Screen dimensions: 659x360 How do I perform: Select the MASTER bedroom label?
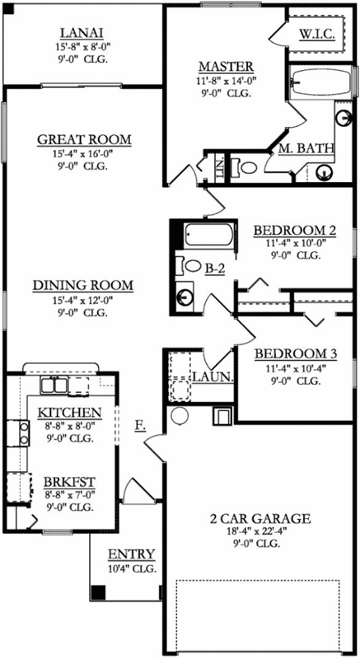point(225,67)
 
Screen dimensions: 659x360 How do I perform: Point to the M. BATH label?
point(306,148)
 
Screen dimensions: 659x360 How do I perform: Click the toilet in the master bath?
point(245,167)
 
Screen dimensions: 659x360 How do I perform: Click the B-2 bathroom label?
point(216,267)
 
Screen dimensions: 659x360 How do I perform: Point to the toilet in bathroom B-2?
point(192,266)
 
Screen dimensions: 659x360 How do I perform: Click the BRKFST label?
point(69,482)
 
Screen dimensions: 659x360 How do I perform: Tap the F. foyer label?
point(141,425)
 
